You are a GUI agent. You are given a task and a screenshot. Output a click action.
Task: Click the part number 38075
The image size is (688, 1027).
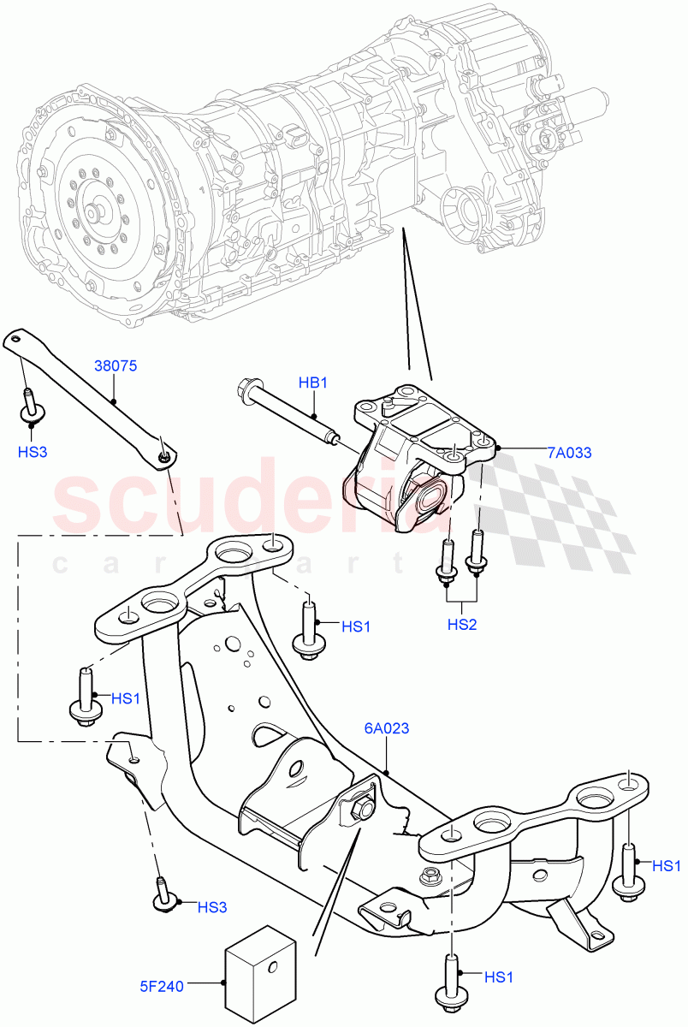pyautogui.click(x=115, y=365)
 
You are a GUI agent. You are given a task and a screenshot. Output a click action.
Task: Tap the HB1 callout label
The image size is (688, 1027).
pyautogui.click(x=313, y=383)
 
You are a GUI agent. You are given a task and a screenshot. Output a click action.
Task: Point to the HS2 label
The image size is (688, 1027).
pyautogui.click(x=462, y=625)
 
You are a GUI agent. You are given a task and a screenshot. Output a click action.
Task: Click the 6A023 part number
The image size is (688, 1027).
pyautogui.click(x=386, y=729)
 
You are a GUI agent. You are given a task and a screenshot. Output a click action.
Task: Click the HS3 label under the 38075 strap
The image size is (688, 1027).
pyautogui.click(x=32, y=451)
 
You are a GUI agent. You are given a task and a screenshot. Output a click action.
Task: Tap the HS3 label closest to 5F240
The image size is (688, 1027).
pyautogui.click(x=213, y=906)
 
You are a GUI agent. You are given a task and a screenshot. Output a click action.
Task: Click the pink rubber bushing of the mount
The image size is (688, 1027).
pyautogui.click(x=426, y=500)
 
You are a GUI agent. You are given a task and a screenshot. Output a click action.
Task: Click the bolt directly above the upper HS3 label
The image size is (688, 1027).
pyautogui.click(x=32, y=406)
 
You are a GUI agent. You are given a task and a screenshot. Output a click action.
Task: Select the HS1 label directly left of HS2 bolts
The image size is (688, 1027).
pyautogui.click(x=356, y=626)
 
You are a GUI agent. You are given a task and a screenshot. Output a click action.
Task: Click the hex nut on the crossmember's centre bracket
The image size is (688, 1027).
pyautogui.click(x=361, y=805)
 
